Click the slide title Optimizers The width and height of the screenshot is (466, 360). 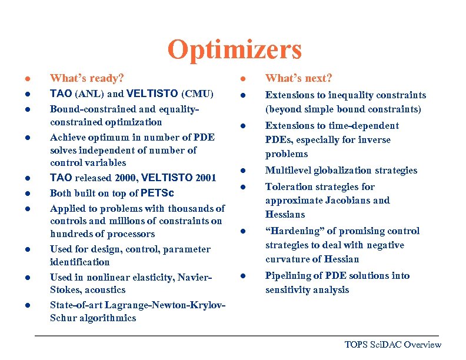(234, 50)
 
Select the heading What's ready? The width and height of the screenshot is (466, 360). (87, 78)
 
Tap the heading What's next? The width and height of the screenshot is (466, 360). (299, 78)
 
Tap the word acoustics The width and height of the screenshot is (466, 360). (104, 290)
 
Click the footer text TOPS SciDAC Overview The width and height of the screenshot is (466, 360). (392, 345)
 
